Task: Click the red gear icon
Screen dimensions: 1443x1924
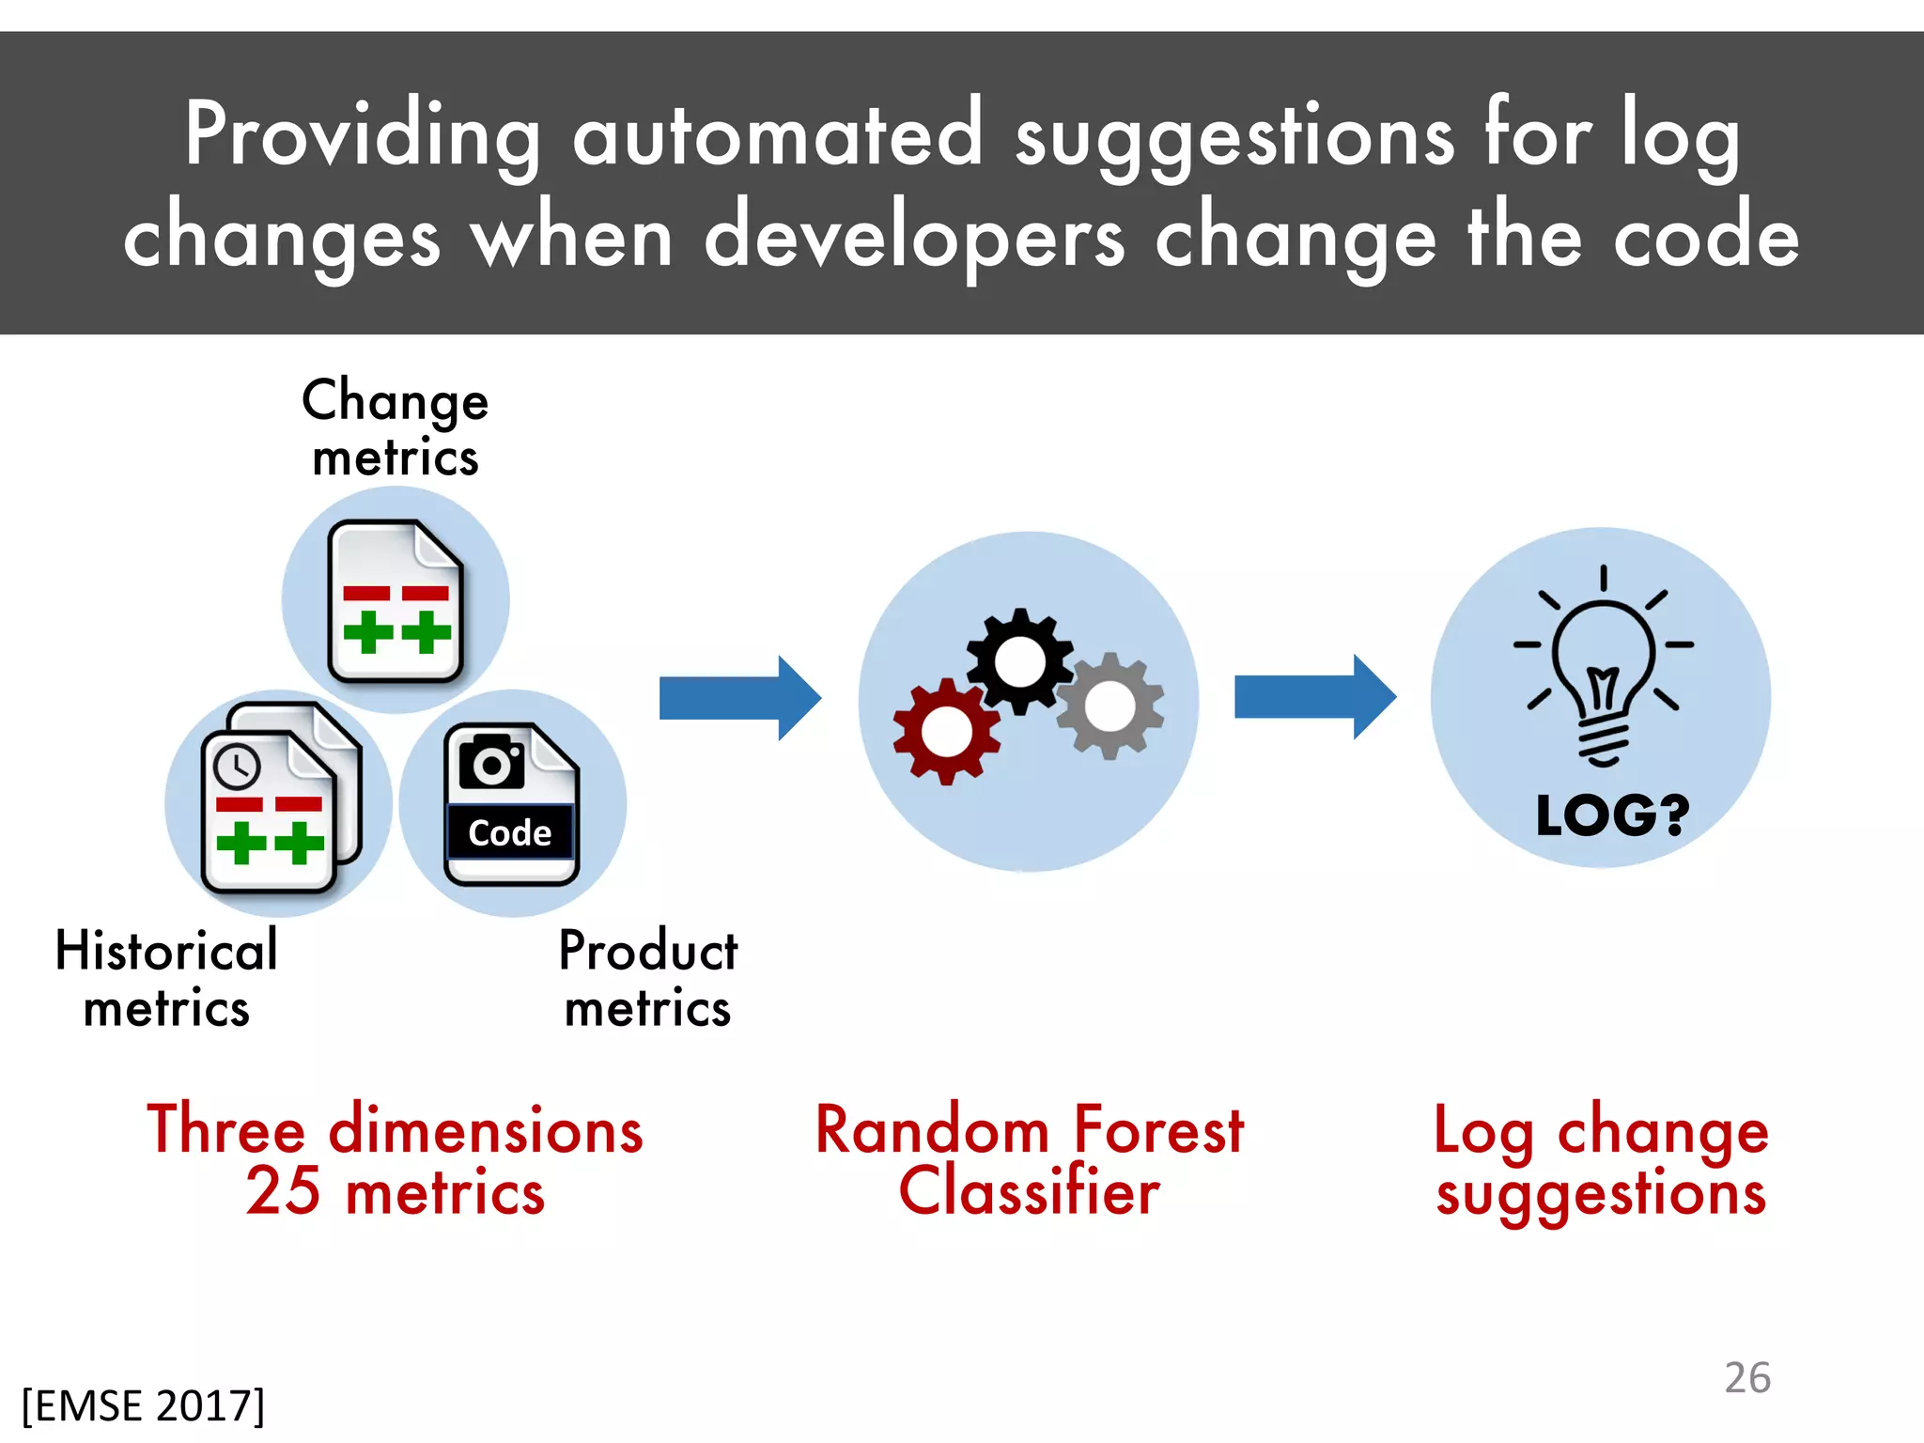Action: click(946, 731)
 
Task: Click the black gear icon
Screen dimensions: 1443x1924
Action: click(1019, 661)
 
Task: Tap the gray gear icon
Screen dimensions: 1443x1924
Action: click(1110, 706)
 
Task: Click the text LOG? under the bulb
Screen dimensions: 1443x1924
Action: click(1612, 815)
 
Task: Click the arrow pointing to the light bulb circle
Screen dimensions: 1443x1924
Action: click(1314, 698)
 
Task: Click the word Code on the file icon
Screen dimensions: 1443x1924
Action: click(510, 833)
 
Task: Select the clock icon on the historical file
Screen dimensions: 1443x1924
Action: click(237, 766)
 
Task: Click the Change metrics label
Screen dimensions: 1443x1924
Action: click(396, 428)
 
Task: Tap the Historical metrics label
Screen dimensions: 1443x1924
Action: click(167, 978)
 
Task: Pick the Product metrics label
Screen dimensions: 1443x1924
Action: click(648, 978)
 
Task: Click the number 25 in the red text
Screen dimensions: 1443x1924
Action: click(283, 1192)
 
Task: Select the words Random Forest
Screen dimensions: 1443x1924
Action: click(1029, 1129)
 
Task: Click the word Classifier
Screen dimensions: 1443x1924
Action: click(1029, 1192)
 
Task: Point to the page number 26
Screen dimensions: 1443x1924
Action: click(1747, 1378)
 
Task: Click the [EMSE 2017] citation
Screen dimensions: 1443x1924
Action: click(144, 1406)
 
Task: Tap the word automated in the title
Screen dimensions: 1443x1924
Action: click(778, 134)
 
